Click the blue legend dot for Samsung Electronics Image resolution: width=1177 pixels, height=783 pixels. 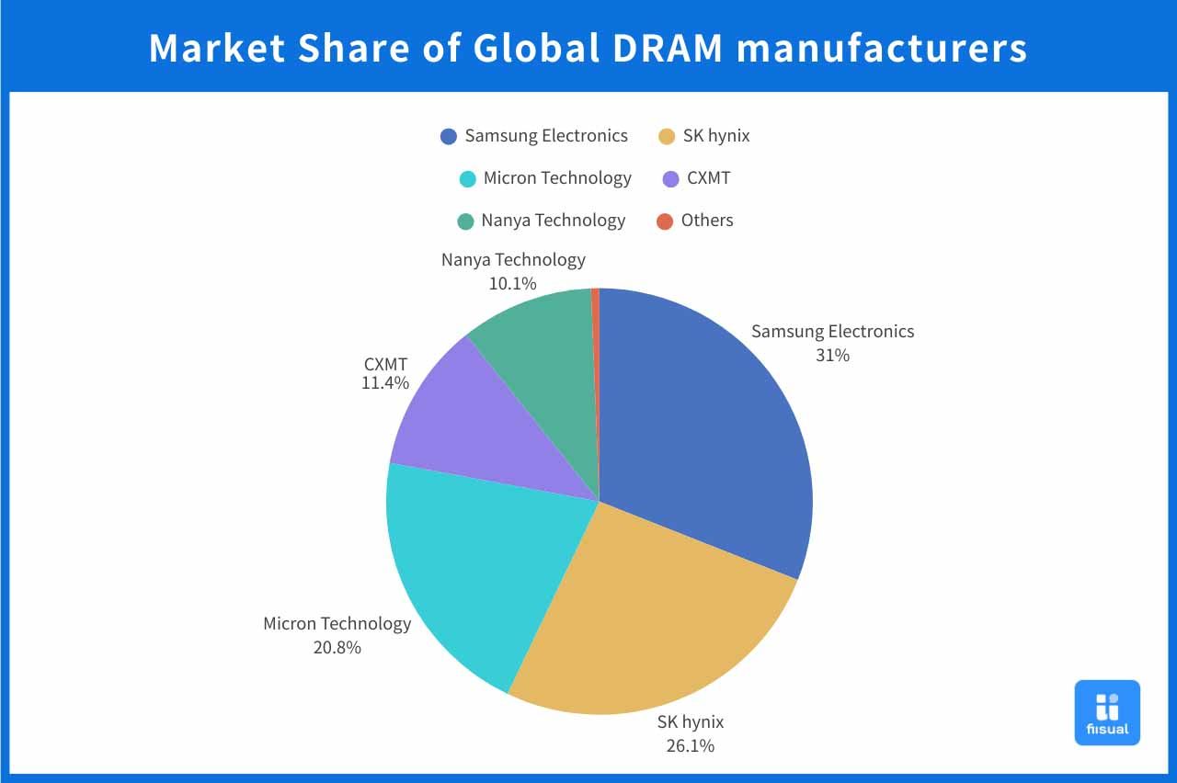449,137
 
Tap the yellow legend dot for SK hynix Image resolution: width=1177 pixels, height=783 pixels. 667,137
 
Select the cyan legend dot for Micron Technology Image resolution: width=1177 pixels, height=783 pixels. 468,178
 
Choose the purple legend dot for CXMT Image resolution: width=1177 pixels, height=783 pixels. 671,178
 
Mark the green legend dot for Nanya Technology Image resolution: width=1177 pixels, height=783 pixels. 465,221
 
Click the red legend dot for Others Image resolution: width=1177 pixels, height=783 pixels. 665,221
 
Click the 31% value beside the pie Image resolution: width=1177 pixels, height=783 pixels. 832,355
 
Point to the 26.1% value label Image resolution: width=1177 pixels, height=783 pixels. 690,745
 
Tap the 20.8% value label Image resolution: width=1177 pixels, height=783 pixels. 337,647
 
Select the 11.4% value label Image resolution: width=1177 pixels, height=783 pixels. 384,382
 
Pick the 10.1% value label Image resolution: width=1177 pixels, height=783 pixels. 512,283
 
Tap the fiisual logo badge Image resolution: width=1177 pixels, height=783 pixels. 1107,712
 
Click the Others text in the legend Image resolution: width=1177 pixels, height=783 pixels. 707,221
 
